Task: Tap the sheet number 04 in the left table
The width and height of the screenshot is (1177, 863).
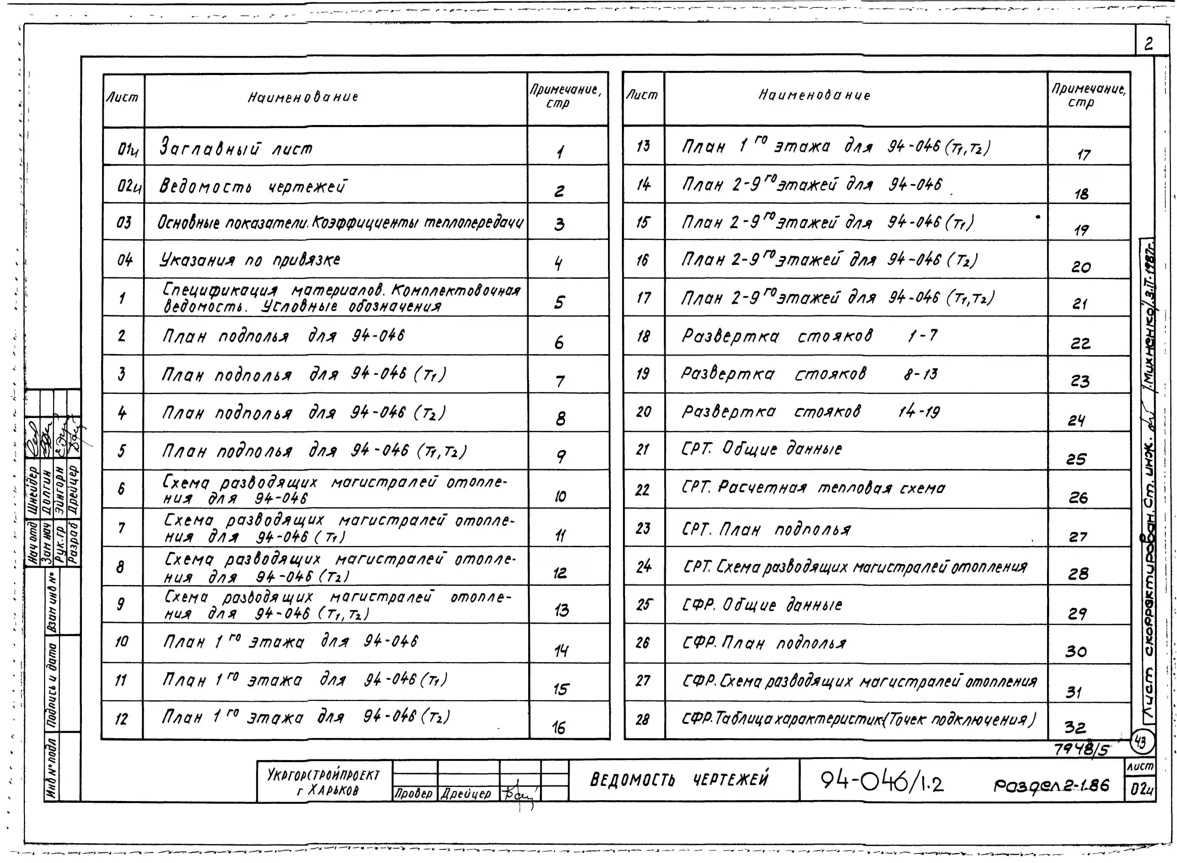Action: click(124, 260)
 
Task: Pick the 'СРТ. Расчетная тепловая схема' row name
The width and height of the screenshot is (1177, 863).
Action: click(813, 488)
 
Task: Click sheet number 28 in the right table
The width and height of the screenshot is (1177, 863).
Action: click(643, 720)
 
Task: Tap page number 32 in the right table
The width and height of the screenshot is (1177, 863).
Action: click(1075, 727)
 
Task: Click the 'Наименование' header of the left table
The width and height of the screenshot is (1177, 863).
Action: click(303, 97)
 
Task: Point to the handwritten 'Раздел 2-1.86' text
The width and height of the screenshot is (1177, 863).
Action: click(1051, 785)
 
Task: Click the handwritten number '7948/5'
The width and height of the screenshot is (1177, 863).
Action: click(1081, 749)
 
